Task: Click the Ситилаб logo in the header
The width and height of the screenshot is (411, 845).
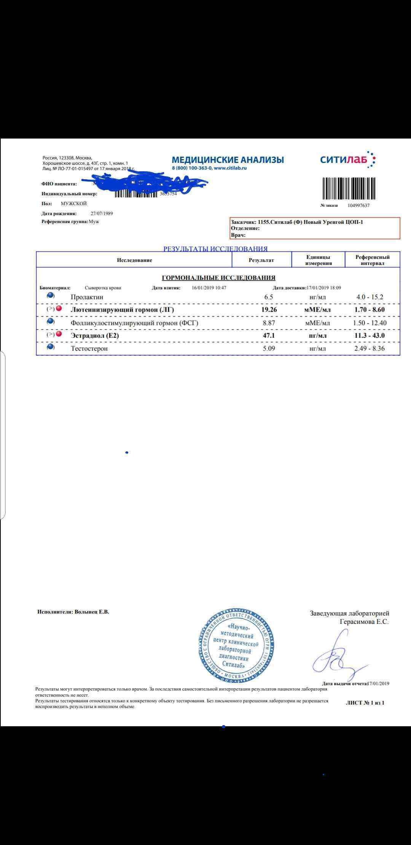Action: tap(347, 159)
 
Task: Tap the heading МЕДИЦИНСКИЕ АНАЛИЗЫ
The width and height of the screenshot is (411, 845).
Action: tap(228, 160)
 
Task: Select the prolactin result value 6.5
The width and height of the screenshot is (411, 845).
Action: tap(269, 297)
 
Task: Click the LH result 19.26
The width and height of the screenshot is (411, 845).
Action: tap(269, 309)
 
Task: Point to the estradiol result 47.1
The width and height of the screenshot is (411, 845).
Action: tap(269, 336)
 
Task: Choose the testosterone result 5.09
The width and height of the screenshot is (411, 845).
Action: tap(269, 348)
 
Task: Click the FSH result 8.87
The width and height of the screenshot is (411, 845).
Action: tap(269, 323)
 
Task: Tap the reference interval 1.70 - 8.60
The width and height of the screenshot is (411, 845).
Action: tap(369, 309)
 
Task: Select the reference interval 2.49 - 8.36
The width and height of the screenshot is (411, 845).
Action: tap(369, 348)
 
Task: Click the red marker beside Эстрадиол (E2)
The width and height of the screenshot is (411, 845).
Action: tap(59, 334)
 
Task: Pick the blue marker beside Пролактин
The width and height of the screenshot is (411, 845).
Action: tap(51, 296)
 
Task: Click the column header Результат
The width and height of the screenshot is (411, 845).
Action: tap(261, 260)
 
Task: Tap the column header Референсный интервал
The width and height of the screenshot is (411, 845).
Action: tap(372, 260)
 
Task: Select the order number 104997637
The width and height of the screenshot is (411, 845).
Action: tap(358, 206)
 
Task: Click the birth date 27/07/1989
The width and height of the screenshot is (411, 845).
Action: tap(102, 214)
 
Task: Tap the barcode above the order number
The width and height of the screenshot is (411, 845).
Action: tap(349, 188)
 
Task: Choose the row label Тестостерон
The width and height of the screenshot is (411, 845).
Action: tap(89, 348)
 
